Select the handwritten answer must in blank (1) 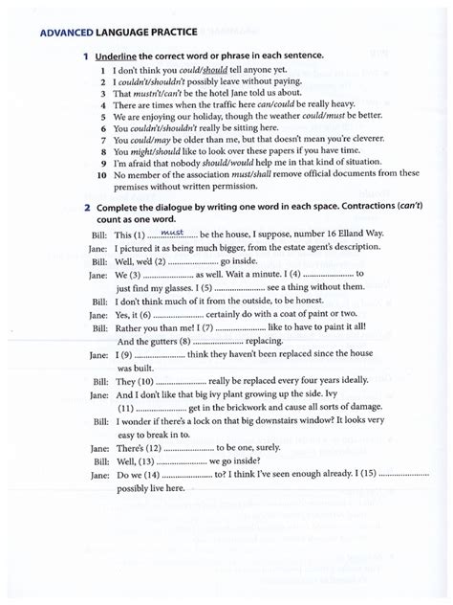[x=172, y=233]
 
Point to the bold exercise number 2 [x=87, y=207]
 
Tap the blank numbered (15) [x=405, y=474]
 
